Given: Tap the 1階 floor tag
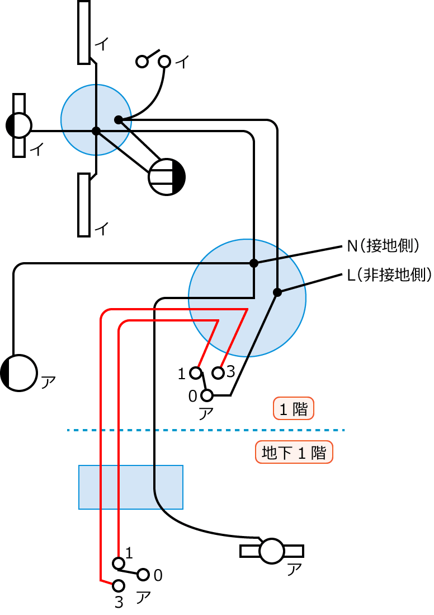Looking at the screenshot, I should coord(294,409).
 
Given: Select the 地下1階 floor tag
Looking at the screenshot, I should coord(294,453).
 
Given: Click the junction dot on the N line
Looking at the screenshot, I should coord(254,263).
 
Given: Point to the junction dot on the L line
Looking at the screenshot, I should coord(277,292).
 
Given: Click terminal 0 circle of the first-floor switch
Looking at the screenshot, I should coord(207,395).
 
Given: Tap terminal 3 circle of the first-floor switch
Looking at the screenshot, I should coord(218,372).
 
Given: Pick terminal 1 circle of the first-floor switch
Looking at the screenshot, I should coord(195,372).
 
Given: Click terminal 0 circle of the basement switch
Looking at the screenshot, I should coord(143,575).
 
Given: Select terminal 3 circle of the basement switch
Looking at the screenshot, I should coord(118,586).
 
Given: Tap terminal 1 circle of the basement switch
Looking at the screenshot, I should coord(118,562).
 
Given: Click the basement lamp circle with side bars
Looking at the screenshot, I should coord(272,551).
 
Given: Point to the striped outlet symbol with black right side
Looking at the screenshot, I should coord(167,177).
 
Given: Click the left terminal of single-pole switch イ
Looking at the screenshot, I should coord(142,62).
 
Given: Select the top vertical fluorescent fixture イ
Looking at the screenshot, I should coord(84,32).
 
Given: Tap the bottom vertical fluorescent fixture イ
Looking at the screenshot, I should coord(84,204).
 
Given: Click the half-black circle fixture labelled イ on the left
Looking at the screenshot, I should coord(19,125).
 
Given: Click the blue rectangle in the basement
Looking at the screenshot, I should coord(130,487).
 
